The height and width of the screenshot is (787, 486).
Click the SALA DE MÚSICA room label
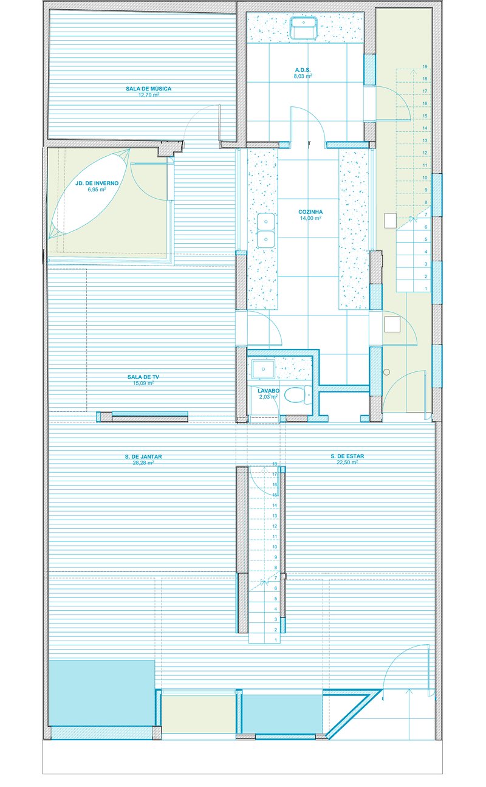(x=149, y=89)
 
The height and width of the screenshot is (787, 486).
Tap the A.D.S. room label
(x=303, y=70)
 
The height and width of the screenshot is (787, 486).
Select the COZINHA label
(x=310, y=212)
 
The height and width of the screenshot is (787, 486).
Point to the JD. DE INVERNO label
(x=97, y=183)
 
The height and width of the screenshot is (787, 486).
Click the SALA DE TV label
(x=143, y=377)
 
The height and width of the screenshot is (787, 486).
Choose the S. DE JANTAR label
(x=143, y=457)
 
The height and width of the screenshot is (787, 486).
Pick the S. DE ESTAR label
(x=347, y=456)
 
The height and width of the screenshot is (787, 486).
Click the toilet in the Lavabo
(x=298, y=394)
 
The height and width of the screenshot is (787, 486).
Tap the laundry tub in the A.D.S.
(x=304, y=27)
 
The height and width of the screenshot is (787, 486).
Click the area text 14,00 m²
(x=310, y=218)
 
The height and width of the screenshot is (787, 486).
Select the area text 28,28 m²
(x=143, y=462)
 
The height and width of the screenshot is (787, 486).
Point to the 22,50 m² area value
(x=347, y=462)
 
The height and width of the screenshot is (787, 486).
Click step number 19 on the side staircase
(x=425, y=66)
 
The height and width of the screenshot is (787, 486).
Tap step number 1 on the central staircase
(x=276, y=640)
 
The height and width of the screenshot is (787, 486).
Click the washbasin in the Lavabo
(x=263, y=368)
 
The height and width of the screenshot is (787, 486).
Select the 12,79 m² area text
(x=149, y=95)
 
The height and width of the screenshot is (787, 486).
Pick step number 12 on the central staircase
(x=275, y=526)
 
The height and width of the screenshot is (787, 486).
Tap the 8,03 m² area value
(x=303, y=76)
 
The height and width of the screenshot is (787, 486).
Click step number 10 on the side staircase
(x=425, y=178)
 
